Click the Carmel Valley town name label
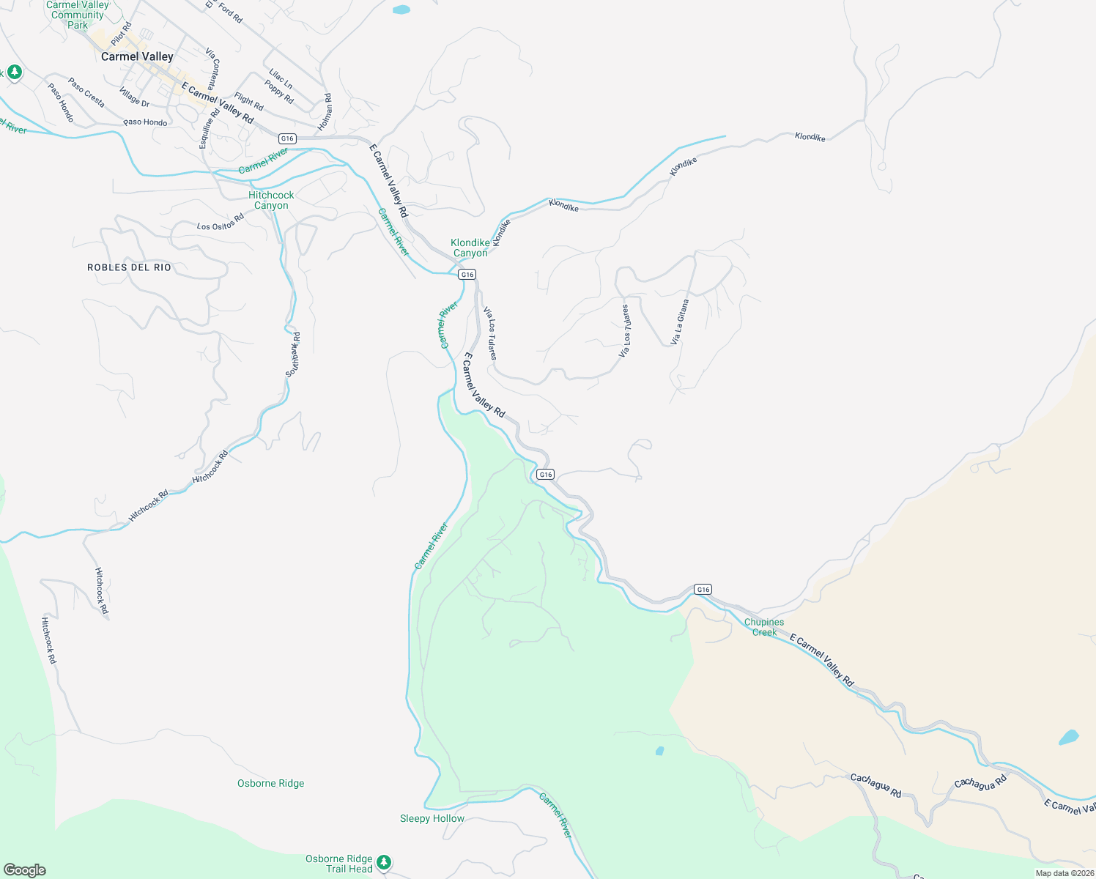pos(137,56)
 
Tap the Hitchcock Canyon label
pos(271,200)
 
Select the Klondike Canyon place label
pos(470,248)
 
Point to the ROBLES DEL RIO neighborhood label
pos(129,267)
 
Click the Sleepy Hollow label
pos(432,818)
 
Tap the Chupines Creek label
pos(763,627)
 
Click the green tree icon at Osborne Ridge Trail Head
pos(385,862)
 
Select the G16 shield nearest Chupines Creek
pos(703,589)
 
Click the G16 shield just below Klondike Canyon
pos(467,274)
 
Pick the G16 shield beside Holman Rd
pos(287,138)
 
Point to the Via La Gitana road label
pos(680,322)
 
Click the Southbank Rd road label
pos(293,355)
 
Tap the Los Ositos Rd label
pos(220,222)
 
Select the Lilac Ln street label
pos(281,79)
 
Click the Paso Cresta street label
pos(86,92)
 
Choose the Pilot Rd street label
pos(121,34)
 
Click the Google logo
pos(25,870)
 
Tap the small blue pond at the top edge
pos(401,10)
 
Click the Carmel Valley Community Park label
pos(78,15)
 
